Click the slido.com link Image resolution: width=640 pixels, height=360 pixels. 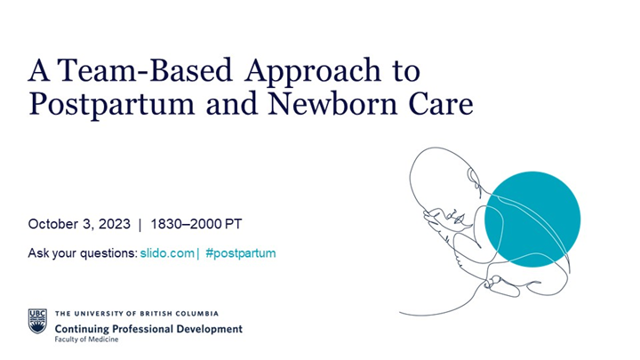[166, 253]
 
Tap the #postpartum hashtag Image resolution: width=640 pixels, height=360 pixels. [240, 253]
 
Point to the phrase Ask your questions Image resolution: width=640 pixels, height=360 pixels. [83, 253]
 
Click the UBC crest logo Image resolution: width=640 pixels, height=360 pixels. [37, 321]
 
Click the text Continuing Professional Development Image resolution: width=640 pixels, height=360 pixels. [148, 328]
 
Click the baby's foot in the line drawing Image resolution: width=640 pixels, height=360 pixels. [502, 286]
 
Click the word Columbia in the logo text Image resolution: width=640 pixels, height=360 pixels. [196, 314]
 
